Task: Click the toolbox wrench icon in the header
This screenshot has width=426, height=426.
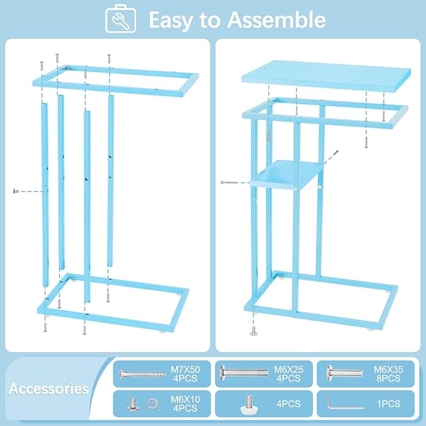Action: (121, 19)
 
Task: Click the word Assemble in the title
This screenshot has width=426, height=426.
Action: (276, 20)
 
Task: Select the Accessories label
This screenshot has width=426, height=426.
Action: (49, 388)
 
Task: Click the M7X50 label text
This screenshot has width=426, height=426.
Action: (185, 369)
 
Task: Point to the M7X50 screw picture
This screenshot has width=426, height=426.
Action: (142, 375)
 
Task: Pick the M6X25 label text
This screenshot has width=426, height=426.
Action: (289, 369)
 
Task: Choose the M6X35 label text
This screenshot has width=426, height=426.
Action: (388, 369)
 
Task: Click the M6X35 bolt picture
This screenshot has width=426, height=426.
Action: (344, 373)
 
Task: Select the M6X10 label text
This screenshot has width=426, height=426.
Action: (185, 399)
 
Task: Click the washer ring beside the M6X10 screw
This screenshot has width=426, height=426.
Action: (152, 403)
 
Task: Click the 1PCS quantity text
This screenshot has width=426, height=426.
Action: (388, 403)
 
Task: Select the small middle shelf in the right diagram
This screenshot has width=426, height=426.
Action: (287, 174)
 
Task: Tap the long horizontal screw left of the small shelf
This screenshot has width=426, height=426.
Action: (230, 183)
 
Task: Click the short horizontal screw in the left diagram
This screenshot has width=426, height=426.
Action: (16, 191)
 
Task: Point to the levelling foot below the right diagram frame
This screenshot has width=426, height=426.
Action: (253, 331)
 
